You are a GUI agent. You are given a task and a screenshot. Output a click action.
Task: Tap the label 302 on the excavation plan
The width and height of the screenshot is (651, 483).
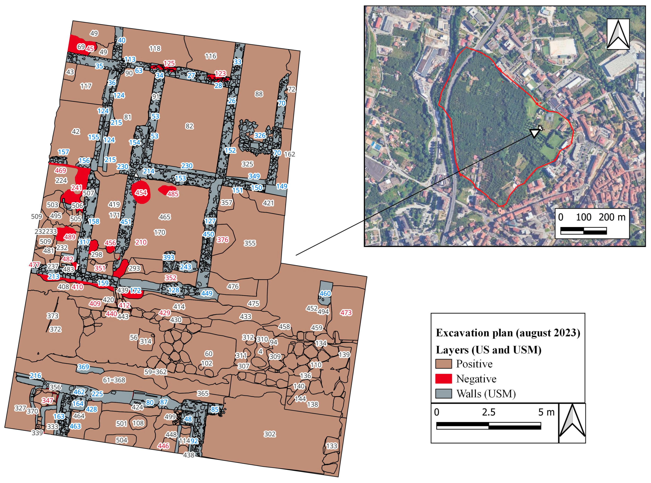click(269, 434)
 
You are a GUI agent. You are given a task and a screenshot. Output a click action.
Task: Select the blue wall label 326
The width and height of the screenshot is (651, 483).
click(260, 135)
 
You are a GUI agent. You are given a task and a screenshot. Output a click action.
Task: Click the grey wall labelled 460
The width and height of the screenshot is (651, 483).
click(325, 293)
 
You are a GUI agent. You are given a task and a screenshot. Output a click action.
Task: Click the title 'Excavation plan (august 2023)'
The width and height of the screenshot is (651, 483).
click(508, 333)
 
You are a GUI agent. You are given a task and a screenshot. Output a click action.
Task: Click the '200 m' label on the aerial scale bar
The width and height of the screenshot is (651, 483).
click(612, 217)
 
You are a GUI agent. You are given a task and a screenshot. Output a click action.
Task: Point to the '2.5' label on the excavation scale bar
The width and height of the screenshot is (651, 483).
click(489, 412)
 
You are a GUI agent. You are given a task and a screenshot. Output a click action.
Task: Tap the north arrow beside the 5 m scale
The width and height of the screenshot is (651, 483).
click(572, 423)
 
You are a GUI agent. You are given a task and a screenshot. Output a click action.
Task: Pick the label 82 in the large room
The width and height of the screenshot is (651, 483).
click(189, 126)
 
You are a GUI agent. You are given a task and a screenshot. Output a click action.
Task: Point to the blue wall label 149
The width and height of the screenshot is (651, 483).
click(282, 186)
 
